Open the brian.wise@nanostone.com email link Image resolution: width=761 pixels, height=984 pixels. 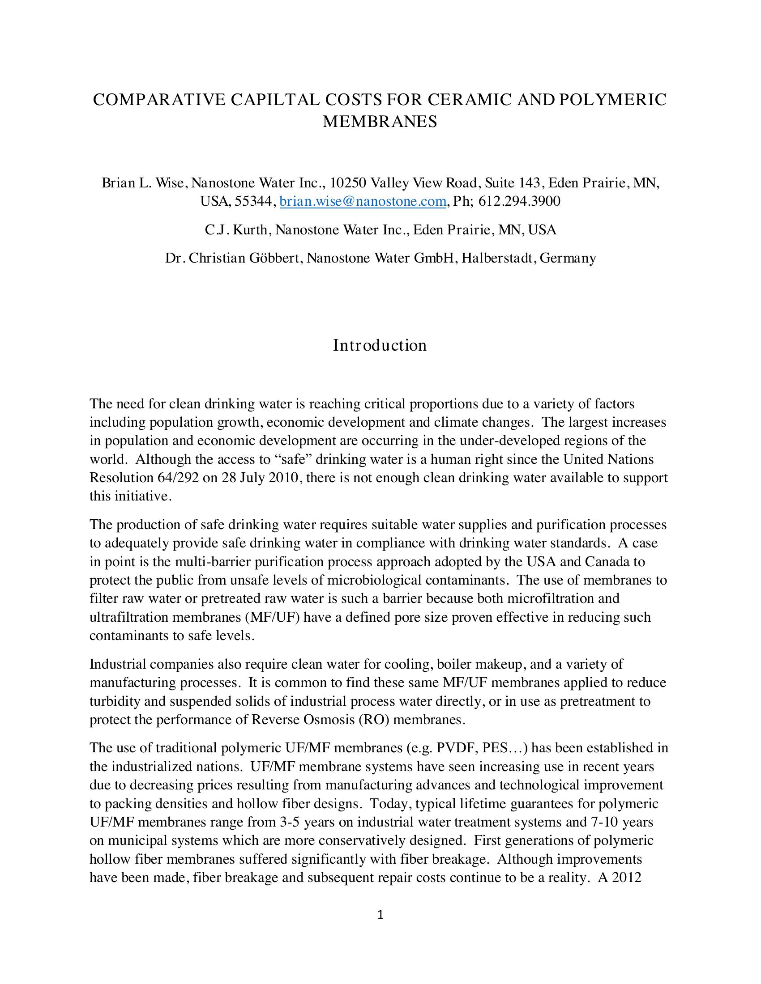pos(363,201)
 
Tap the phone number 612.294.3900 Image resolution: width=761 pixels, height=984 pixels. pos(519,201)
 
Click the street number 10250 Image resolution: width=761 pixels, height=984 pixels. pos(347,182)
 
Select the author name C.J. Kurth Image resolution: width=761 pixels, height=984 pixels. pos(237,230)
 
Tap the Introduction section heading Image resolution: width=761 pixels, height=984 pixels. pos(380,345)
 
